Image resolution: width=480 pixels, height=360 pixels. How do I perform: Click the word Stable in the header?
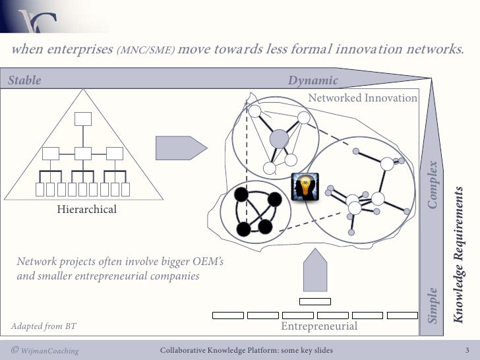(x=24, y=80)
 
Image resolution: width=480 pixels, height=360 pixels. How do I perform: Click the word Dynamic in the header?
(x=313, y=80)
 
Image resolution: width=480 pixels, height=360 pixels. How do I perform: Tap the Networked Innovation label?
(x=363, y=98)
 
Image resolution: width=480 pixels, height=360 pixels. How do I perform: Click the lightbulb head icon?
(x=305, y=186)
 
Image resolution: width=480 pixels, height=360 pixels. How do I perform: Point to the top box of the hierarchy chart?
(x=82, y=119)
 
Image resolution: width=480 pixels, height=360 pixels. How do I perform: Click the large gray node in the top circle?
(x=280, y=138)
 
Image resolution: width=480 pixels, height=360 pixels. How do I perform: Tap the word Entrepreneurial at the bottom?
(x=319, y=326)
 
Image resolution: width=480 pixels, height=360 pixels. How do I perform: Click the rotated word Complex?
(x=433, y=185)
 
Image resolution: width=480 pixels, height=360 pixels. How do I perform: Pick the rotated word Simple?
(x=433, y=305)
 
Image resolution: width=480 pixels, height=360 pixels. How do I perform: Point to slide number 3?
(x=467, y=350)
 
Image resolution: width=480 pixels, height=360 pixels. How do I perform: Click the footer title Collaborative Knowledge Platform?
(x=247, y=350)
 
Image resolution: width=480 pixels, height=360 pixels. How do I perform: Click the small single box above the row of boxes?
(x=315, y=301)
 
